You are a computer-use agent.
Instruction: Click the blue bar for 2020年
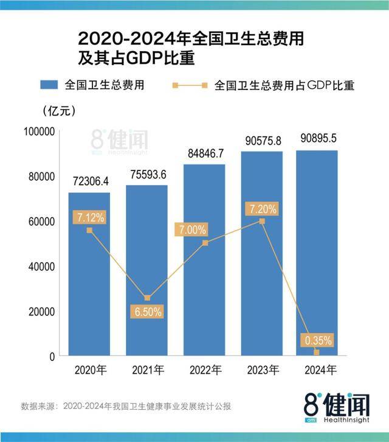point(89,274)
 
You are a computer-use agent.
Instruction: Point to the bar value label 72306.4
point(89,181)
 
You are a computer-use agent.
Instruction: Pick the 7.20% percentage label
point(262,209)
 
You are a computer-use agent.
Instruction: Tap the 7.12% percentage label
point(89,217)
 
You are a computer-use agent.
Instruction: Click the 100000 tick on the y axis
point(40,132)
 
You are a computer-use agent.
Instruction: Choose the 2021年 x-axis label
point(146,370)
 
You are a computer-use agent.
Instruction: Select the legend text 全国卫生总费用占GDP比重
point(284,85)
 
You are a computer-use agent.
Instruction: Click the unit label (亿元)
point(59,111)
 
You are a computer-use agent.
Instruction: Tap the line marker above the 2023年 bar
point(262,221)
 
